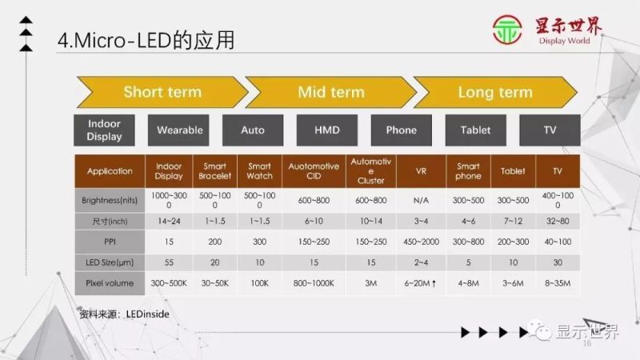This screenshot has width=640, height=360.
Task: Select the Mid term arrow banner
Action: coord(330,92)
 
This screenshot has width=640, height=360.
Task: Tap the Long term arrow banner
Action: coord(494,92)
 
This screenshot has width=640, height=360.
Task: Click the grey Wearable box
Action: coord(180,130)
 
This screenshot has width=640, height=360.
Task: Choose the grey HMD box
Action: coord(327,130)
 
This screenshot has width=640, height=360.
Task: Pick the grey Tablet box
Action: coord(475,130)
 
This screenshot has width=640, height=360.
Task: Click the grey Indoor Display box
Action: coord(105,130)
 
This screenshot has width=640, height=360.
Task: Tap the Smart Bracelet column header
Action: coord(214,171)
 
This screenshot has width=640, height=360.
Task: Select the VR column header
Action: coord(421,171)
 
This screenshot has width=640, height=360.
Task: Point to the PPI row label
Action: coord(110,242)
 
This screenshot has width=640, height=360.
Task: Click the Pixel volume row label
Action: coord(110,283)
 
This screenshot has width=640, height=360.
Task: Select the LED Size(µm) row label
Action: coord(110,262)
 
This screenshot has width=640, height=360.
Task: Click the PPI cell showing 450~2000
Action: coord(421,242)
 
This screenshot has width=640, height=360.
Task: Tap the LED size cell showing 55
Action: coord(169,262)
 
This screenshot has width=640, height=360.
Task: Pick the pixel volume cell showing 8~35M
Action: coord(557,283)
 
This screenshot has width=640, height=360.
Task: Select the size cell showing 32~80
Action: coord(557,221)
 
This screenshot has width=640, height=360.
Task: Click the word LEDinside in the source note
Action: coord(148,315)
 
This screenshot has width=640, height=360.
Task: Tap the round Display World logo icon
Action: coord(509,33)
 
